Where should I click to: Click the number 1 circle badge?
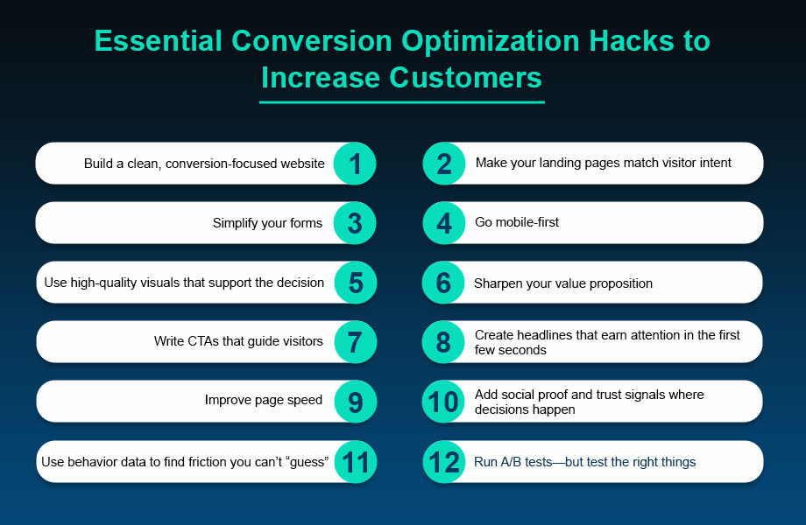click(x=355, y=164)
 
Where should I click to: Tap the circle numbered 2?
click(x=444, y=164)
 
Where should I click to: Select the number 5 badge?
click(x=356, y=283)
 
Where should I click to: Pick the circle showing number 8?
click(x=443, y=342)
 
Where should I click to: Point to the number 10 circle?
click(x=443, y=402)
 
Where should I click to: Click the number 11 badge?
click(x=356, y=462)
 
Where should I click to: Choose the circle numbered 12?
click(x=444, y=462)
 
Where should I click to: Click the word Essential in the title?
click(x=159, y=40)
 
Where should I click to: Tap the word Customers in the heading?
click(x=465, y=78)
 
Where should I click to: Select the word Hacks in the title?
click(x=632, y=40)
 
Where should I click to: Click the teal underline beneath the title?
click(x=402, y=102)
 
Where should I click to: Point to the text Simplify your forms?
click(x=267, y=223)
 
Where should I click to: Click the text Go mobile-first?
click(x=517, y=222)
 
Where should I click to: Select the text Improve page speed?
click(x=263, y=400)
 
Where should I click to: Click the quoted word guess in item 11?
click(x=309, y=462)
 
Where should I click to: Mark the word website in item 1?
click(x=303, y=164)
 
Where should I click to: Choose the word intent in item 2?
click(x=715, y=163)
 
